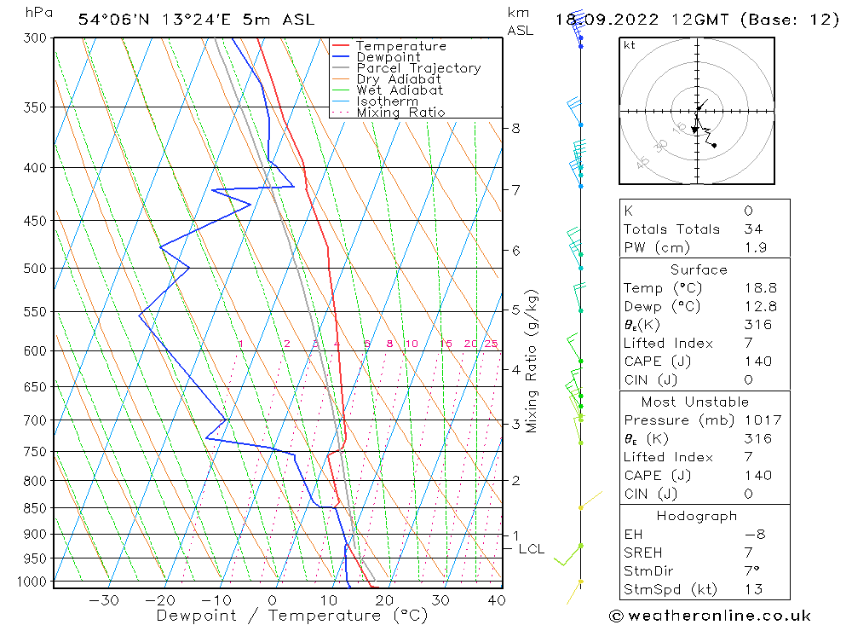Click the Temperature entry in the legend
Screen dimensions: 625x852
[400, 46]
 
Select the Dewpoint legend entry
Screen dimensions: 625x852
[389, 57]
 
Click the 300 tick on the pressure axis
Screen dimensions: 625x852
[34, 38]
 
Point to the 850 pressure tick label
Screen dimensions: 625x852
[34, 508]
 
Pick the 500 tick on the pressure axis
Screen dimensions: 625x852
[34, 269]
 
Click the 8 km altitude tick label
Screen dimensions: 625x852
[515, 129]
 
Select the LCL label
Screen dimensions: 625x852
[531, 549]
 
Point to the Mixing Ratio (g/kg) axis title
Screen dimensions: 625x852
[532, 361]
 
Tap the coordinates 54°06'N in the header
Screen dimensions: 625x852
[109, 20]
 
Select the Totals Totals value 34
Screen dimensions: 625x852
[752, 229]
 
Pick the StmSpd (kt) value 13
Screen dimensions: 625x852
[753, 589]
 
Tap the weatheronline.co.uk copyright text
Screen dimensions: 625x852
[710, 616]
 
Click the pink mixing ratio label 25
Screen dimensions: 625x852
[491, 344]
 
